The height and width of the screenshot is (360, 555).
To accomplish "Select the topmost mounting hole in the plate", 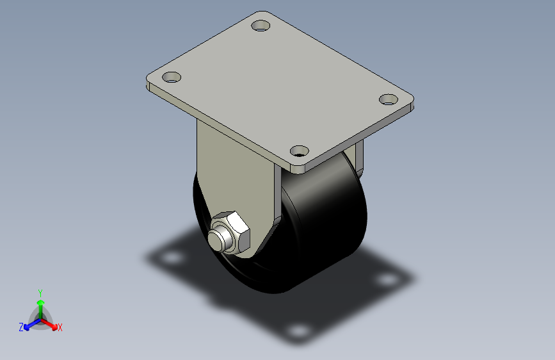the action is click(x=261, y=26).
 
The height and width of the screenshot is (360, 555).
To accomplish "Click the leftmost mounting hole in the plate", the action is click(x=172, y=78).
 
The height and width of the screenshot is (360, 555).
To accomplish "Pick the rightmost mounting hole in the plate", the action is click(x=389, y=99).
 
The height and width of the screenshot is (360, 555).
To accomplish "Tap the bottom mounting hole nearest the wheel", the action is click(x=300, y=151).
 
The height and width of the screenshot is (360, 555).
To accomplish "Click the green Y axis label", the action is click(x=40, y=293).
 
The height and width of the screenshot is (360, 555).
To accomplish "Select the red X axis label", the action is click(x=60, y=328).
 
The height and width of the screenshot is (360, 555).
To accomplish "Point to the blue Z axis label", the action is click(x=21, y=327).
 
